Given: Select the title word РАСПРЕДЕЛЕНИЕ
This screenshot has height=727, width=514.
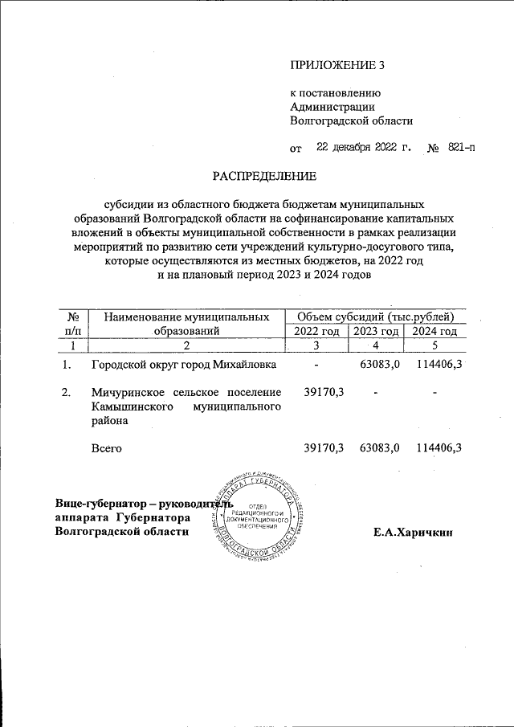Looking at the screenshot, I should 264,174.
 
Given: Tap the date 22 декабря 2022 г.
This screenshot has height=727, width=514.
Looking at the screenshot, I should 363,148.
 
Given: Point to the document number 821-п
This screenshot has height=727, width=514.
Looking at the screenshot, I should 456,148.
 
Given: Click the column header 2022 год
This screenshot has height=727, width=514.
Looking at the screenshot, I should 316,331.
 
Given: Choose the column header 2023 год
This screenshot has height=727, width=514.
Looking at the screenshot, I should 376,331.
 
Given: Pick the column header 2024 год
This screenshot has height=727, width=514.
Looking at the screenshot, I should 434,331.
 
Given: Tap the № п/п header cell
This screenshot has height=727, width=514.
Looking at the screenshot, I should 72,323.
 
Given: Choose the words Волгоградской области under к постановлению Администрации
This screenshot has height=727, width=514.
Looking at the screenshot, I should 351,120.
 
